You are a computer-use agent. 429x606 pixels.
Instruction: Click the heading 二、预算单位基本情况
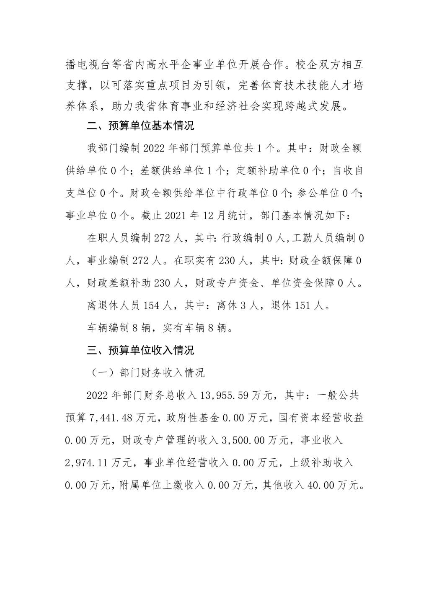pyautogui.click(x=140, y=125)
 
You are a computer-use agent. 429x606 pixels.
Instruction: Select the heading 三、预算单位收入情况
pyautogui.click(x=140, y=350)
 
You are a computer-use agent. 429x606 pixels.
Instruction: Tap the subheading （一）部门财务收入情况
pyautogui.click(x=146, y=372)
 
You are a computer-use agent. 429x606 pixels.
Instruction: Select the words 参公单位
pyautogui.click(x=318, y=193)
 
